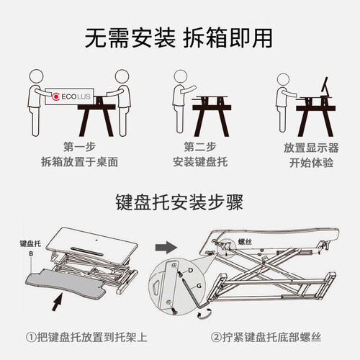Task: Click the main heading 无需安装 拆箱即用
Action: coord(179,38)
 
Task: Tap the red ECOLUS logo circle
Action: coord(56,96)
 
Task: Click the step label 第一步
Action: coord(80,147)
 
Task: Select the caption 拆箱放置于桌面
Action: coord(80,162)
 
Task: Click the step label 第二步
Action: coord(200,147)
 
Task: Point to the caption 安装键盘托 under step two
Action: coord(200,162)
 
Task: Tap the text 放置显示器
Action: coord(311,148)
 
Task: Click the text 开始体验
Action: coord(311,163)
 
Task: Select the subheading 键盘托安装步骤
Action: coord(179,202)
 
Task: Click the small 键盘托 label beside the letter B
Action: coord(30,244)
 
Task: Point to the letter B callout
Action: coord(31,253)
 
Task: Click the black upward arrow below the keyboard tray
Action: coord(57,302)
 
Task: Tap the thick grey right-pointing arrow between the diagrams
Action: coord(166,248)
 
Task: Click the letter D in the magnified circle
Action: coord(190,271)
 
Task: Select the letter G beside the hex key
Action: coord(199,286)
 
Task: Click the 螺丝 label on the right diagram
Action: coord(245,242)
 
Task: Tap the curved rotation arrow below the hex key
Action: coord(204,315)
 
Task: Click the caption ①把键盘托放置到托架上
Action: coord(86,337)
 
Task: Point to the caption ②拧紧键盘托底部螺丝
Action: coord(266,337)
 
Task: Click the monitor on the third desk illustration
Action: coord(325,87)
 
